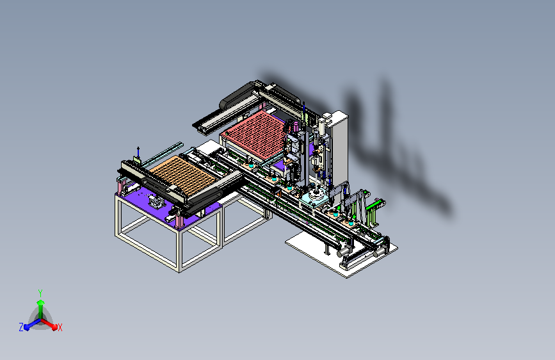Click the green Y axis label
click(x=40, y=293)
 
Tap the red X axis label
click(x=60, y=327)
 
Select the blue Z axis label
click(x=21, y=327)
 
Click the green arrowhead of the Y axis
click(x=41, y=303)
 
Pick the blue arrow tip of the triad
click(x=27, y=327)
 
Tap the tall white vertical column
click(x=339, y=149)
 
